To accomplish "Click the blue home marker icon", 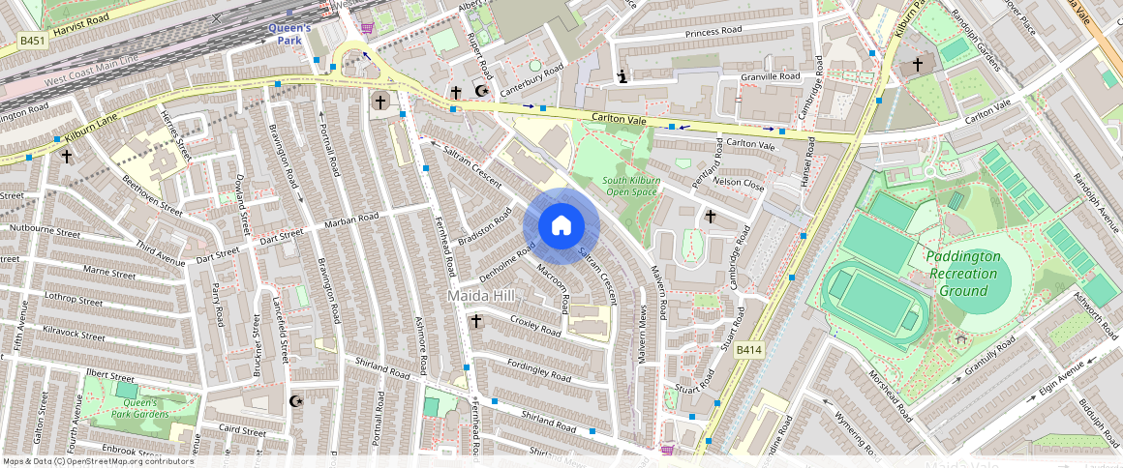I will point(561,226).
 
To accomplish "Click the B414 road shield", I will point(749,348).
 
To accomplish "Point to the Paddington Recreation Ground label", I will point(962,274).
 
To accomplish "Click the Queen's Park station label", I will point(289,34).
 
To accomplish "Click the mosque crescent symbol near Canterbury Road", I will point(479,92).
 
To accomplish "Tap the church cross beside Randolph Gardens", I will point(918,65).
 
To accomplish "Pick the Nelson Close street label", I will point(739,182).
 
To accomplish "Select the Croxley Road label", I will point(535,325).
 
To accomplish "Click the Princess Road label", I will point(713,32).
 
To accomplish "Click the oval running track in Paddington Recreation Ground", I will point(873,298).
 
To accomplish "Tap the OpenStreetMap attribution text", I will point(98,461).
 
